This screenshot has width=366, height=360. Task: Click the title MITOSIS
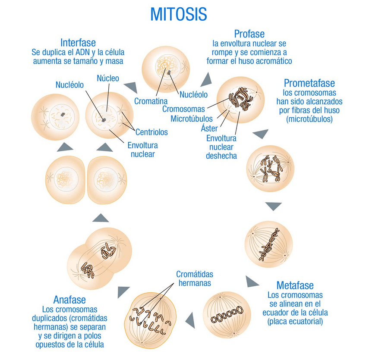tap(178, 14)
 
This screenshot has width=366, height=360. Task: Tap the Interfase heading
tap(78, 43)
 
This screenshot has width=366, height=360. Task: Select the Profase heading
tap(249, 34)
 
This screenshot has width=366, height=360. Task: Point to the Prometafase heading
tap(309, 83)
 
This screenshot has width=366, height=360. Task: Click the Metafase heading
tap(295, 285)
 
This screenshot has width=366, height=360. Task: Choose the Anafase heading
tap(69, 300)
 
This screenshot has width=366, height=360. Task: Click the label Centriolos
tap(151, 132)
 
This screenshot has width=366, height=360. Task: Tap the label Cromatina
tap(151, 101)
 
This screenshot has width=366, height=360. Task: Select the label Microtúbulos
tap(192, 118)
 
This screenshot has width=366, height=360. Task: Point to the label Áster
tap(209, 128)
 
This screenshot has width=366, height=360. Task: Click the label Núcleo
tap(108, 78)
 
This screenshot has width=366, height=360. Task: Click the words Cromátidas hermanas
tap(195, 279)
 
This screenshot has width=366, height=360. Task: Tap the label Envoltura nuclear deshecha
tap(221, 147)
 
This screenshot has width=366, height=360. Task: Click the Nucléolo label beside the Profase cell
tap(194, 94)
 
